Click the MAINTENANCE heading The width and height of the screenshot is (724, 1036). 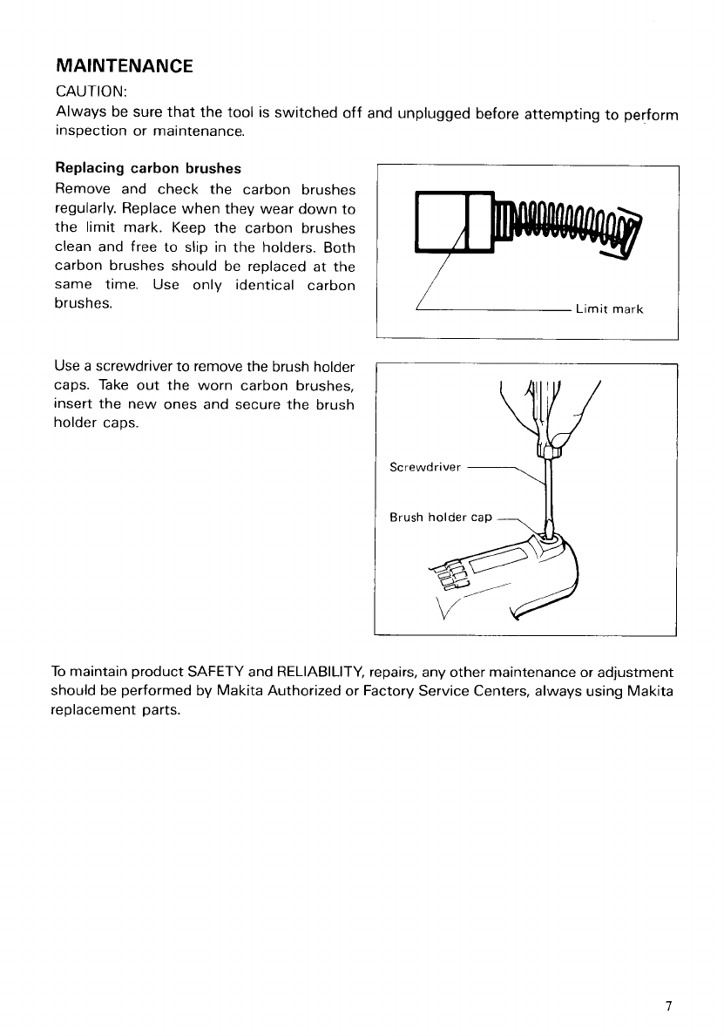click(x=124, y=65)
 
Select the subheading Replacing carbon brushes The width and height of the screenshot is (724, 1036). click(x=147, y=167)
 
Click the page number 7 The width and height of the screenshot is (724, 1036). click(x=668, y=1006)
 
